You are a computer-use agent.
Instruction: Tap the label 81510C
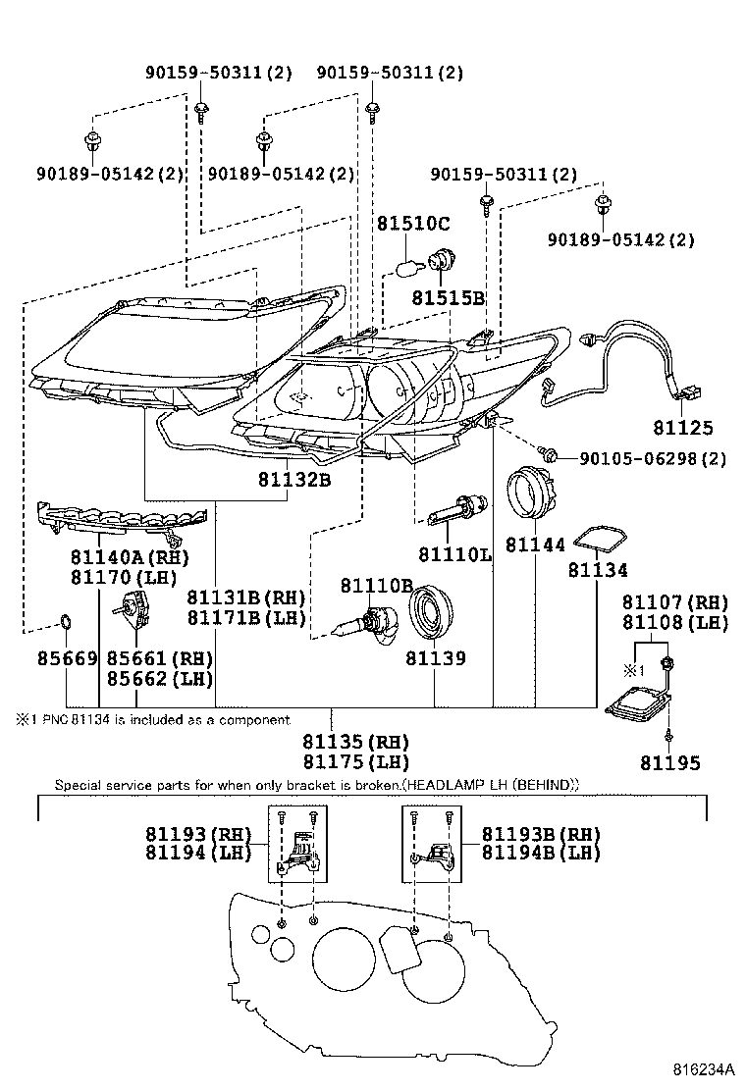point(412,224)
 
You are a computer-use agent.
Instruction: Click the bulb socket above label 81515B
point(439,260)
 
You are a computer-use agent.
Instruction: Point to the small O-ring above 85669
point(65,620)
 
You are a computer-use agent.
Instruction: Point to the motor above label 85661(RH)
point(133,613)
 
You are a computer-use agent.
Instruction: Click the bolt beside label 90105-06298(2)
point(551,455)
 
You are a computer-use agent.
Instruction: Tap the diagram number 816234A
point(703,1068)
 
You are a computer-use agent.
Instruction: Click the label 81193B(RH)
point(541,834)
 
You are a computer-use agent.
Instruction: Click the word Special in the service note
point(78,786)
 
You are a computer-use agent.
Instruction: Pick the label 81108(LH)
point(681,622)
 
